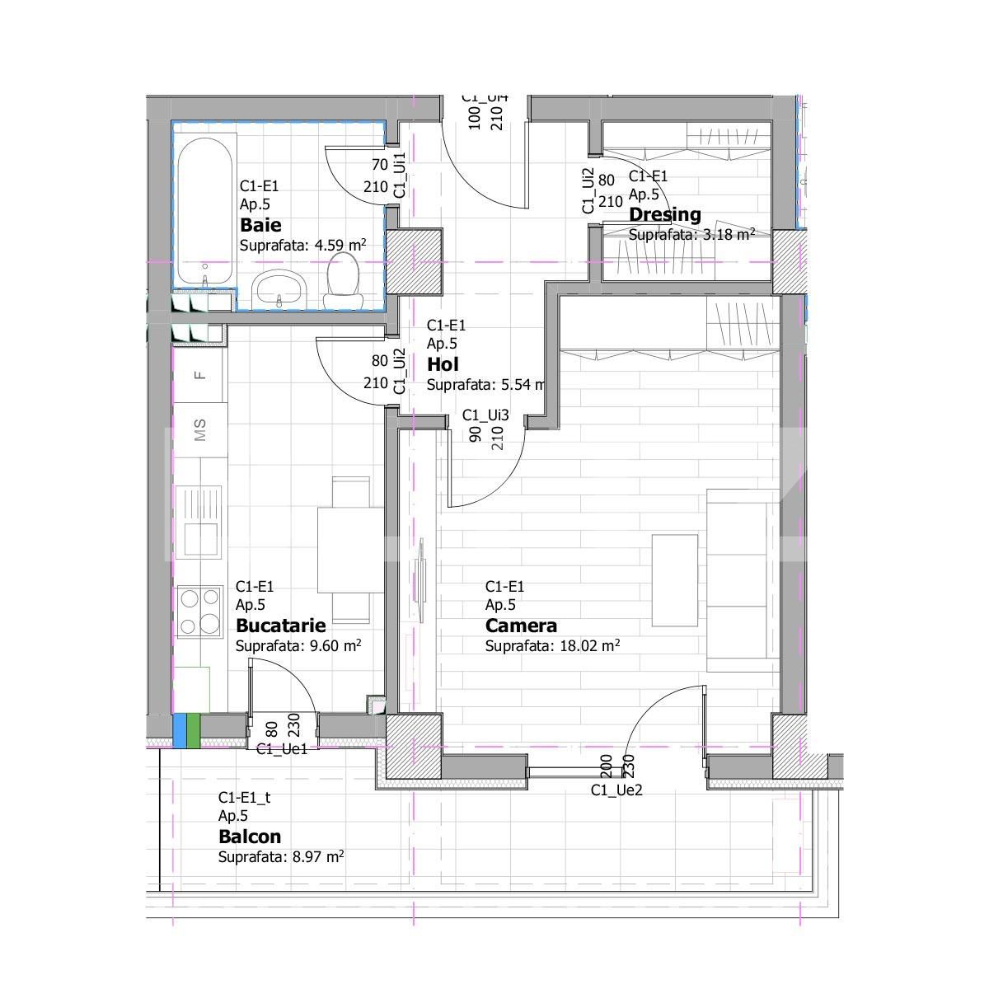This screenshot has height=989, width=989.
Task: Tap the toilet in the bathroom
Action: tap(341, 275)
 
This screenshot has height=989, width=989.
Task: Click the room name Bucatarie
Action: tap(280, 626)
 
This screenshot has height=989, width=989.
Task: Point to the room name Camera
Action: tap(521, 626)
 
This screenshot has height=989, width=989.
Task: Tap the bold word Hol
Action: tap(443, 364)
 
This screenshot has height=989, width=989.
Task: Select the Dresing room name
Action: tap(664, 215)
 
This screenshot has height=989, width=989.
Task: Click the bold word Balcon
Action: tap(250, 837)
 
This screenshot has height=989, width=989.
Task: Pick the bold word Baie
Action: tap(260, 225)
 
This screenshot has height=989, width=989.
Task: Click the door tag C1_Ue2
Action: tap(616, 790)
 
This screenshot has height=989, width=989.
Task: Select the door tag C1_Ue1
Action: tap(282, 749)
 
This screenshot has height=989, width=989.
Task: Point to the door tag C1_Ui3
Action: tap(485, 415)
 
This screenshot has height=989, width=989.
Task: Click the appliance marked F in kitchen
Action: tap(199, 375)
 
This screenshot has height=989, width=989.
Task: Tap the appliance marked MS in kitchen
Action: tap(199, 429)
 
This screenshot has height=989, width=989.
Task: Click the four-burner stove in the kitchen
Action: tap(199, 611)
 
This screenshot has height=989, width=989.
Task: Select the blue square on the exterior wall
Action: tap(180, 730)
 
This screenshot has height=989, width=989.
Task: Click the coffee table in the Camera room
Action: tap(675, 579)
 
